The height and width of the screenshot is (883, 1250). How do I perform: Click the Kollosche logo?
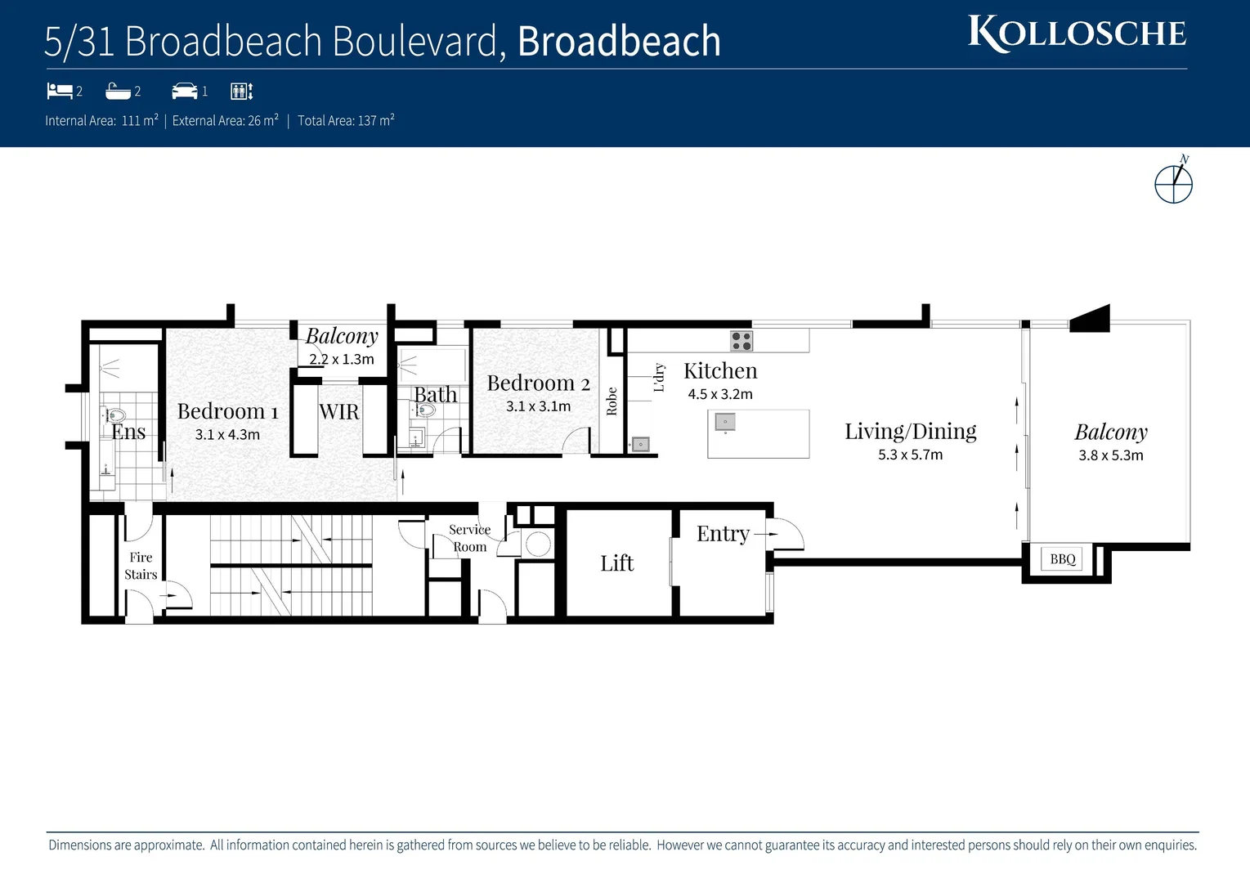(1077, 34)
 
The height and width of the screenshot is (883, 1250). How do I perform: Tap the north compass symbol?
(1173, 182)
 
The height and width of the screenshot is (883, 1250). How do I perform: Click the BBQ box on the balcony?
(1063, 559)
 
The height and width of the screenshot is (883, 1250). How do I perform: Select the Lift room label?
(616, 563)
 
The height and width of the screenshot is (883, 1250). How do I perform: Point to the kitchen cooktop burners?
(741, 341)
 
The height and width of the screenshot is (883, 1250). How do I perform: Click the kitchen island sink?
(725, 422)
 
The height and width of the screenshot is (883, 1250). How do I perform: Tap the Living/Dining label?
(910, 431)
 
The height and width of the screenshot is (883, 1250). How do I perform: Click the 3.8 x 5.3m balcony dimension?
(1110, 455)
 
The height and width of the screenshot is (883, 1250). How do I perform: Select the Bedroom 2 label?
(538, 383)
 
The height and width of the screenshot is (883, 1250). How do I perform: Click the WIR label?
(338, 412)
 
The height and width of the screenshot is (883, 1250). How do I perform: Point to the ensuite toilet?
(115, 415)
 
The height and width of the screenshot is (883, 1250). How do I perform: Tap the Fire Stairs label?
(141, 566)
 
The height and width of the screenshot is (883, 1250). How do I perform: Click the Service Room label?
(469, 538)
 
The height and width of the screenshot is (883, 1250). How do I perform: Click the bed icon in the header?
(60, 91)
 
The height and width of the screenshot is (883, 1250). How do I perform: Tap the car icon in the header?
(185, 91)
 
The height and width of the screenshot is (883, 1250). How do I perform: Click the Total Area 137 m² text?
(346, 121)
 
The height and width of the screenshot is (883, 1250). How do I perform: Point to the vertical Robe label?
(612, 401)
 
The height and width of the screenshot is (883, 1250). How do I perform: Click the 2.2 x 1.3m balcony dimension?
(342, 359)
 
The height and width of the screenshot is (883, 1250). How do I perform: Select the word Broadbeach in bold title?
(619, 42)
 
